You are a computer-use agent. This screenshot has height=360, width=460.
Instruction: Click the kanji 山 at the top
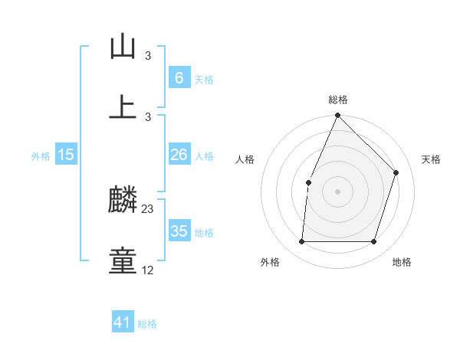(x=123, y=46)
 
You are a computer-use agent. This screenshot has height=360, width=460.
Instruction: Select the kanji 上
(x=123, y=106)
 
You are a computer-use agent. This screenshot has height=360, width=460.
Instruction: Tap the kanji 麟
(x=123, y=201)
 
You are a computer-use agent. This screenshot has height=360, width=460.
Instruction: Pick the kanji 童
(x=123, y=260)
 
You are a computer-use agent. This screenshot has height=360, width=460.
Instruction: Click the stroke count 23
(x=148, y=209)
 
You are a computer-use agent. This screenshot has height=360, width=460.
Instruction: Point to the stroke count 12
(x=148, y=270)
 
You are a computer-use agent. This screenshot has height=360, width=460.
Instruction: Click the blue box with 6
(x=179, y=77)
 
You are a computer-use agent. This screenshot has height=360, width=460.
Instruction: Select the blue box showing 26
(x=179, y=155)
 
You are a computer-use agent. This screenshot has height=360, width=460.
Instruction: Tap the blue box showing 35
(x=179, y=231)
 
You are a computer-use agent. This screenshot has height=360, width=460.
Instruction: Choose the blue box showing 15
(x=66, y=155)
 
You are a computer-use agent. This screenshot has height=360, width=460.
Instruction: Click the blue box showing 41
(x=123, y=322)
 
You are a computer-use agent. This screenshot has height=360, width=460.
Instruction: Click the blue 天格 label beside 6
(x=204, y=79)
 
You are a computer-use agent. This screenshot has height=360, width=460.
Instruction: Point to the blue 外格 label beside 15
(x=41, y=156)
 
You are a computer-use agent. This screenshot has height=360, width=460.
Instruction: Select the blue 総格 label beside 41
(x=147, y=324)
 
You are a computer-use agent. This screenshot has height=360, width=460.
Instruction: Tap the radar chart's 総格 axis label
(x=338, y=100)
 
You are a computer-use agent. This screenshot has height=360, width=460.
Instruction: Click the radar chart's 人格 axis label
(x=245, y=159)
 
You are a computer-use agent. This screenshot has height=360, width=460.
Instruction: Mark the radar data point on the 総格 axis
(x=337, y=116)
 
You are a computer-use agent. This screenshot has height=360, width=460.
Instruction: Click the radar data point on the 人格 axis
(x=308, y=182)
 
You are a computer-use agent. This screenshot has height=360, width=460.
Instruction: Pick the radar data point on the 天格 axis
(x=396, y=172)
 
